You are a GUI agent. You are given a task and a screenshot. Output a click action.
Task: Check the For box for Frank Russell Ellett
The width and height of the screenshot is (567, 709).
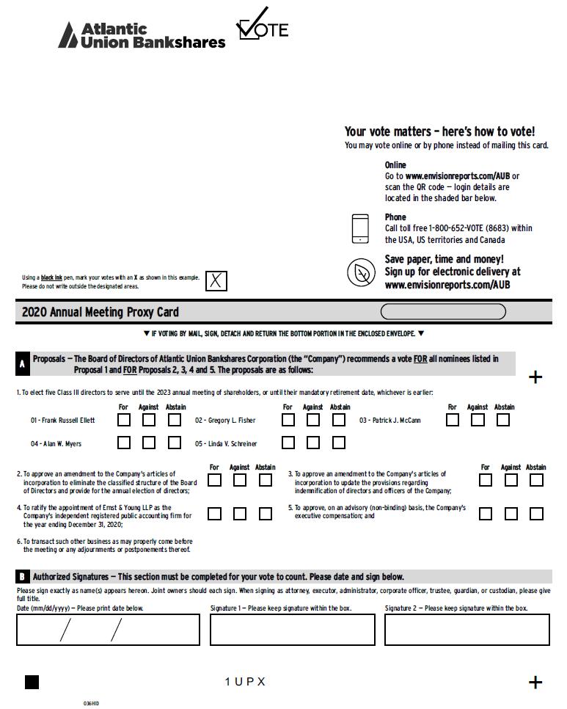tap(125, 421)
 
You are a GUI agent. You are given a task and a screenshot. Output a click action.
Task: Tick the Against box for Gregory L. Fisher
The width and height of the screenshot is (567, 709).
tap(313, 421)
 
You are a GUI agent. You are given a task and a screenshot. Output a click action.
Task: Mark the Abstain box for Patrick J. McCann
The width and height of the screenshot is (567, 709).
tap(502, 421)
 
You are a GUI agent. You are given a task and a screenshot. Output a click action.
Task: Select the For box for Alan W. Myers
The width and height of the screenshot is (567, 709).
tap(125, 443)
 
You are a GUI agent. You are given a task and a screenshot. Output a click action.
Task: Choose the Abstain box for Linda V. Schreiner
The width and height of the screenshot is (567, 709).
tap(338, 443)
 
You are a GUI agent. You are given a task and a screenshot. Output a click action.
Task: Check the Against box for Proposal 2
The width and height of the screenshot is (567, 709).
tap(240, 480)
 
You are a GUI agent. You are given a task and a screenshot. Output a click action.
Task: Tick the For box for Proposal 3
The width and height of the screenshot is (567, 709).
tap(486, 480)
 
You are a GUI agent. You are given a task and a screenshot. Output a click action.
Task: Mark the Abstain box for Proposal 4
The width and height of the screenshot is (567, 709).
tap(266, 514)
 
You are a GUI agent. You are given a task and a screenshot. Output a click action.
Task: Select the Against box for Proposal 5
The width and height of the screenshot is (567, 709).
tap(511, 514)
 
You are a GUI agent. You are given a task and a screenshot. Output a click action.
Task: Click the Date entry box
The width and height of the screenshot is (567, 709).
tap(108, 630)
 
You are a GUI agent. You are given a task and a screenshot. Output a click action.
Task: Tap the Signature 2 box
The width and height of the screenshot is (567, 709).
tap(467, 630)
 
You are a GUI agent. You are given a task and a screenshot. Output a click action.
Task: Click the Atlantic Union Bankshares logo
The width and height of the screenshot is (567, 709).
tap(142, 35)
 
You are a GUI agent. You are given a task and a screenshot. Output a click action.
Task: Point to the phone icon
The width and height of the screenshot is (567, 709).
tap(360, 228)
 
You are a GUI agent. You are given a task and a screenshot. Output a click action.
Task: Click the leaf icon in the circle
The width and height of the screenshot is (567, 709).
tap(361, 272)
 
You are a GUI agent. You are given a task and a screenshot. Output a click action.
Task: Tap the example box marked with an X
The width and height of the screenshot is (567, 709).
tap(216, 280)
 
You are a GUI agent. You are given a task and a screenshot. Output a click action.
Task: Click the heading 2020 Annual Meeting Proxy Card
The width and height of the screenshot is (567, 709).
tap(100, 312)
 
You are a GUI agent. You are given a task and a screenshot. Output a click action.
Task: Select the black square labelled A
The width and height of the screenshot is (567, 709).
tap(22, 363)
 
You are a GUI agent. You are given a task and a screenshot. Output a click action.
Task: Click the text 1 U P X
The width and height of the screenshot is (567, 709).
tap(245, 682)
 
